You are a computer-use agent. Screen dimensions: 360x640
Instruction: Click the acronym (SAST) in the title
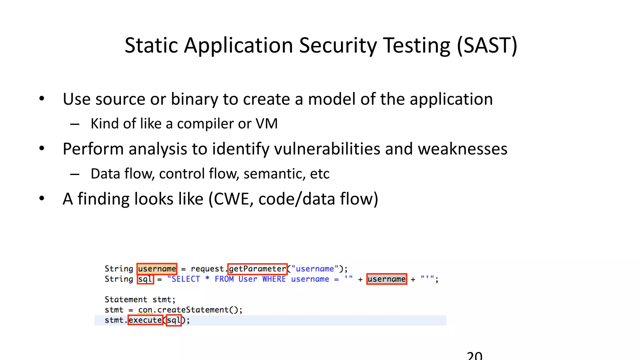coord(487,46)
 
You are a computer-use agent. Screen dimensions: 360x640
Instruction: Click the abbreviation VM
coord(267,124)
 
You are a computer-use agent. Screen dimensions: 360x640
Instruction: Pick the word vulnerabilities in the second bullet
coord(327,149)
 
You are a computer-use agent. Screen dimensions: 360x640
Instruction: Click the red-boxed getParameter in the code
coord(257,269)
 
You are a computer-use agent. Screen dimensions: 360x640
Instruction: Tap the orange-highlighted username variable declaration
coord(157,269)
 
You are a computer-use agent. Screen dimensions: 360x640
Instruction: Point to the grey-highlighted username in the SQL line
coord(387,279)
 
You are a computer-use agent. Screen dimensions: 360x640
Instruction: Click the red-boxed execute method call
coord(145,320)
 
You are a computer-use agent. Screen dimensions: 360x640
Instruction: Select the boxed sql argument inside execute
coord(174,320)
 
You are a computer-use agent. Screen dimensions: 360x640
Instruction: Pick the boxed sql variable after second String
coord(145,279)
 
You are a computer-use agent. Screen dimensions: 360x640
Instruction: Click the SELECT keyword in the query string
coord(186,279)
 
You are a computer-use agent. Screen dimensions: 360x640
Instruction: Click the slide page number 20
coord(474,356)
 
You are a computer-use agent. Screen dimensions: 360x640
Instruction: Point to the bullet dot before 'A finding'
coord(42,198)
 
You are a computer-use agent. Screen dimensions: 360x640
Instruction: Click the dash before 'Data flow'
coord(75,174)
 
